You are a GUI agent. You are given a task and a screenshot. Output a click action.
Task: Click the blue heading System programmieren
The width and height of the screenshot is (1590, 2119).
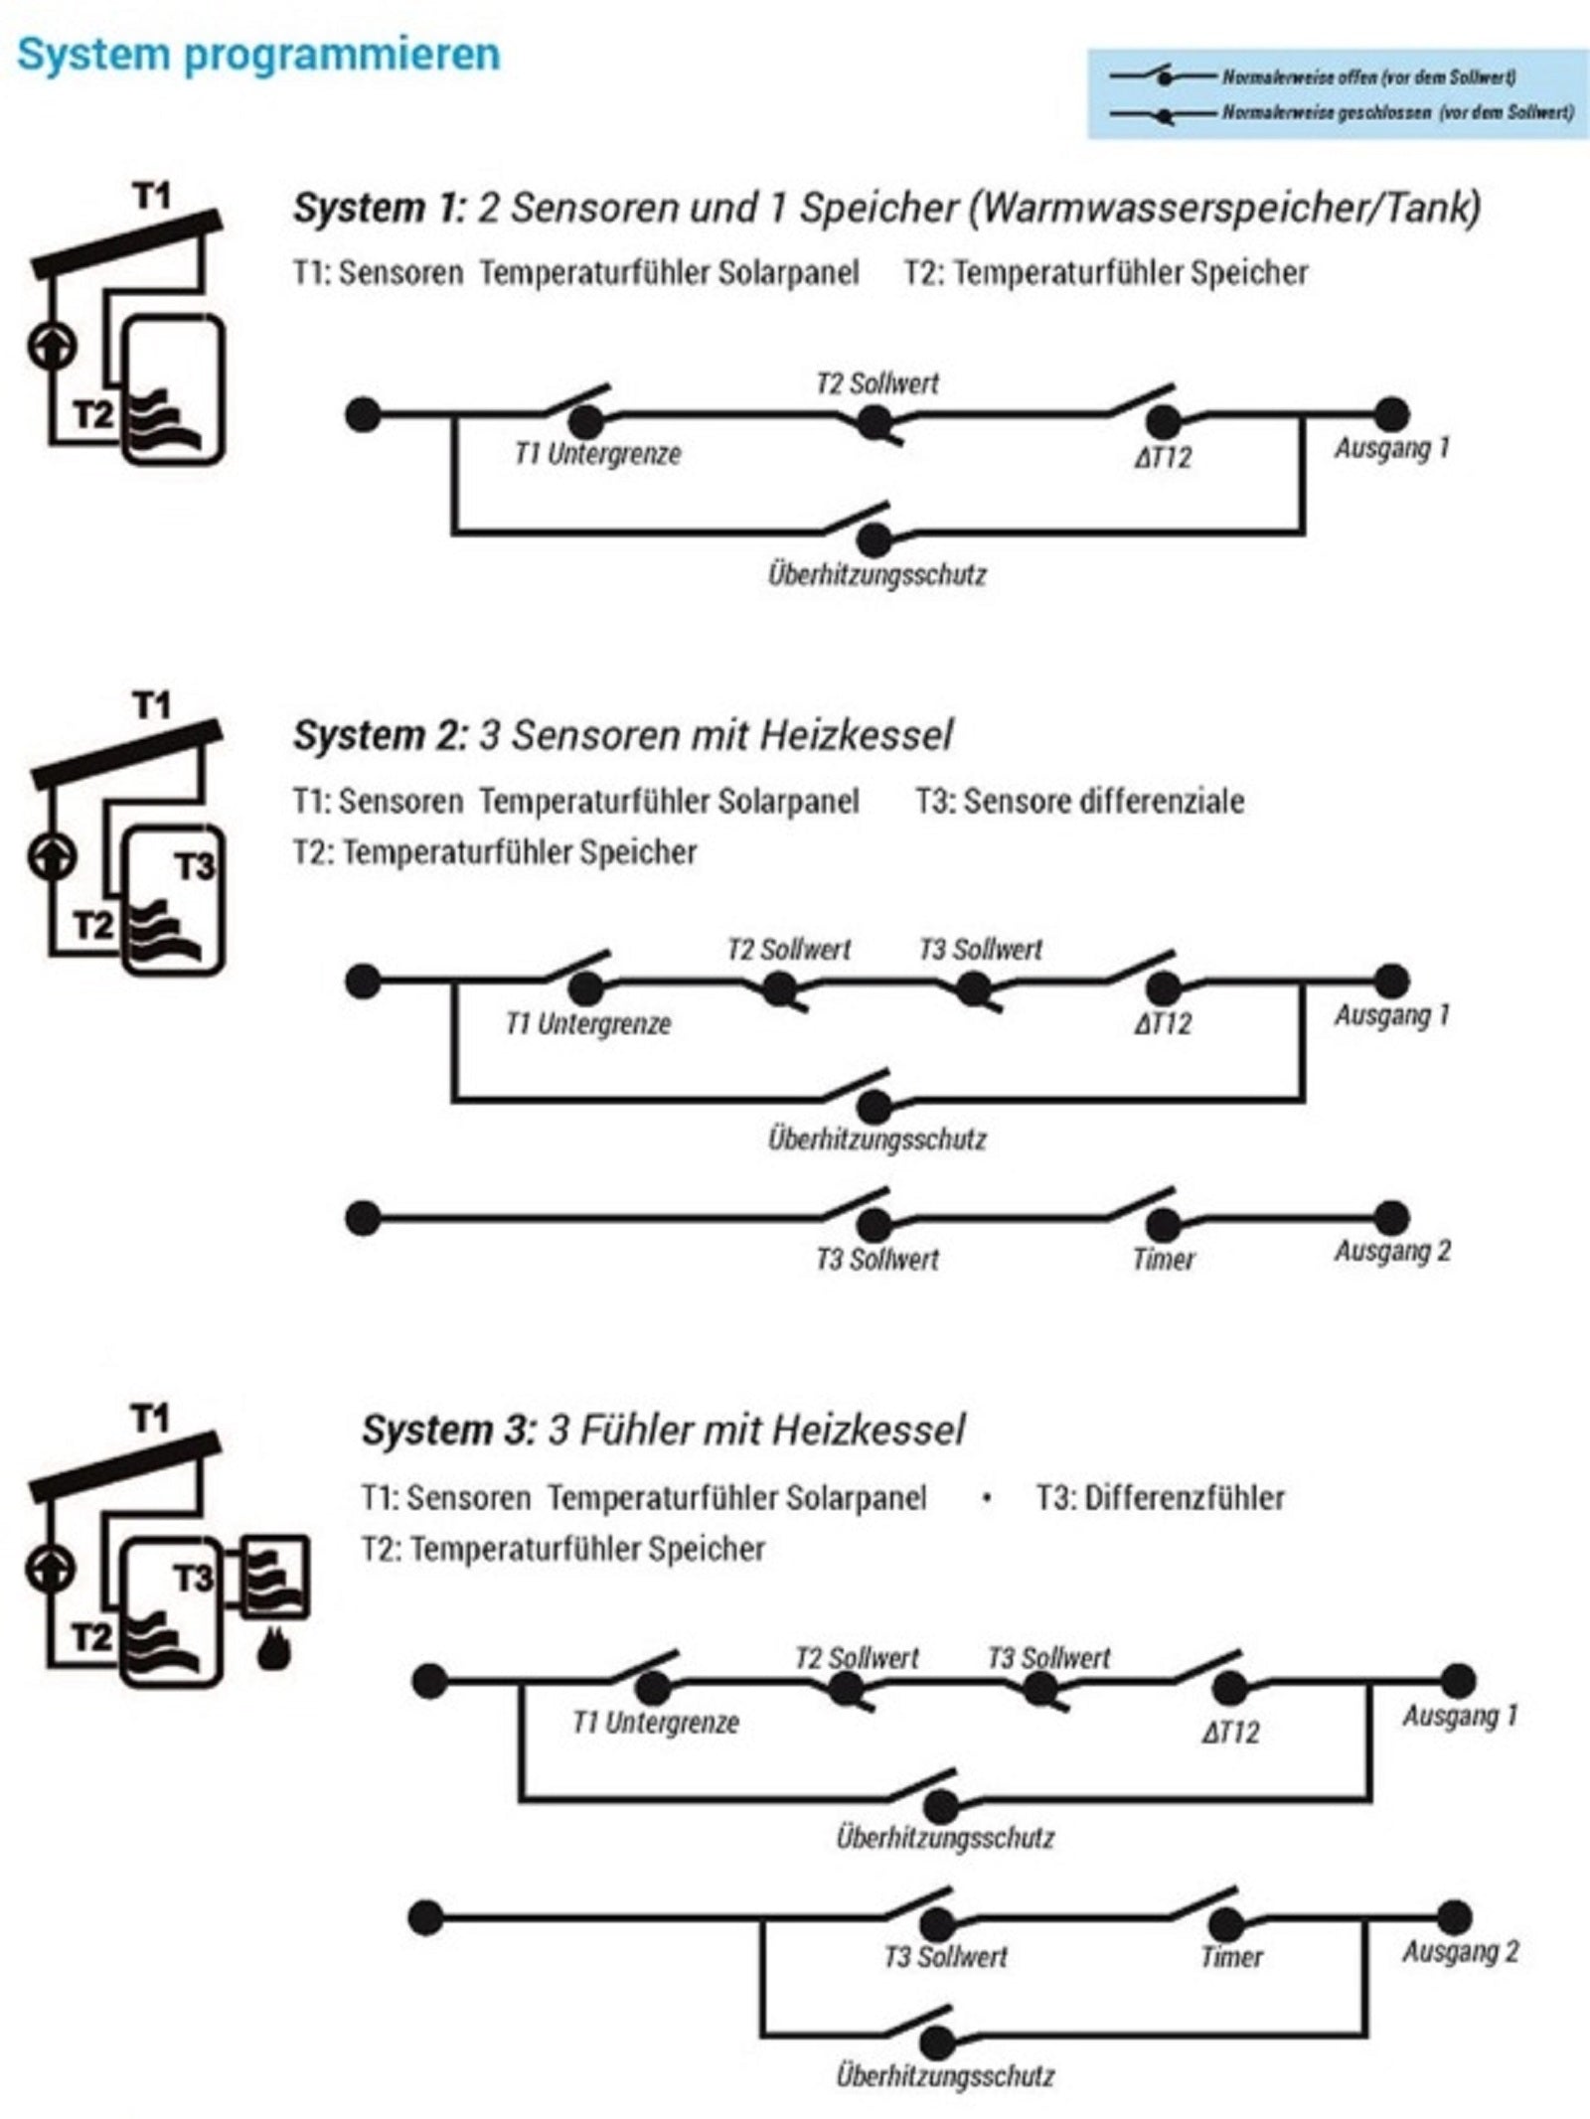click(x=258, y=56)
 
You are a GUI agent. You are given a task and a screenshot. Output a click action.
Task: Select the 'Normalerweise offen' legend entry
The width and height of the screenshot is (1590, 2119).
click(x=1368, y=76)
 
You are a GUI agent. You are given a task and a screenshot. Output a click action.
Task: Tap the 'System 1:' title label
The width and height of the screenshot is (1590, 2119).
click(x=379, y=208)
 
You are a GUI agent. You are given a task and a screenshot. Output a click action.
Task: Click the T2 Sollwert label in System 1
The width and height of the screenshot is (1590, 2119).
click(x=876, y=383)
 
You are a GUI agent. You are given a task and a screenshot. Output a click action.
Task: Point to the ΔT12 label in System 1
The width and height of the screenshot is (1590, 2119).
click(x=1163, y=458)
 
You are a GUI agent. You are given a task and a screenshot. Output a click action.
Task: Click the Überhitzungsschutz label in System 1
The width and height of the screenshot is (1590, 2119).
click(x=876, y=574)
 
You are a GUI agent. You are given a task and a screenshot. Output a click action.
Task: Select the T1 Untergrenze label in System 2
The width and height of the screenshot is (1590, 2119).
click(x=588, y=1023)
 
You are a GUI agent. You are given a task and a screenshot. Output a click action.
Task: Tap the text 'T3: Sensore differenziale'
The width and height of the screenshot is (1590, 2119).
click(x=1079, y=801)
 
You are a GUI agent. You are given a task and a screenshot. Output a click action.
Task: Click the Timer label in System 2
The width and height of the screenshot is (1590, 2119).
click(x=1164, y=1260)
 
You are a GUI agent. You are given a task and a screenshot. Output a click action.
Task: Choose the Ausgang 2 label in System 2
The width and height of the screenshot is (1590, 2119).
click(x=1392, y=1251)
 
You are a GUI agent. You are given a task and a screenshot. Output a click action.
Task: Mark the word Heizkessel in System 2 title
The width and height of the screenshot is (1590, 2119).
click(x=856, y=736)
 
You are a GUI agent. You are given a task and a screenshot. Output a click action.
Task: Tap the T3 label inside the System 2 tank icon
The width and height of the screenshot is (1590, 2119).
click(x=195, y=867)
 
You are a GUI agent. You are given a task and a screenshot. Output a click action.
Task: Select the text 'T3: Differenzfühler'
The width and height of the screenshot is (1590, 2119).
click(x=1160, y=1497)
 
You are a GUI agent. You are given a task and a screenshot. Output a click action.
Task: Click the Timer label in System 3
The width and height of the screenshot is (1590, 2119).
click(x=1232, y=1957)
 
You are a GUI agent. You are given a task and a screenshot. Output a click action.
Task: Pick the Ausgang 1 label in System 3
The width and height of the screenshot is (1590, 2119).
click(x=1460, y=1716)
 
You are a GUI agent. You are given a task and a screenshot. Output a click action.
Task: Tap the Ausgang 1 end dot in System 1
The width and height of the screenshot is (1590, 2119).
click(x=1391, y=414)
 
